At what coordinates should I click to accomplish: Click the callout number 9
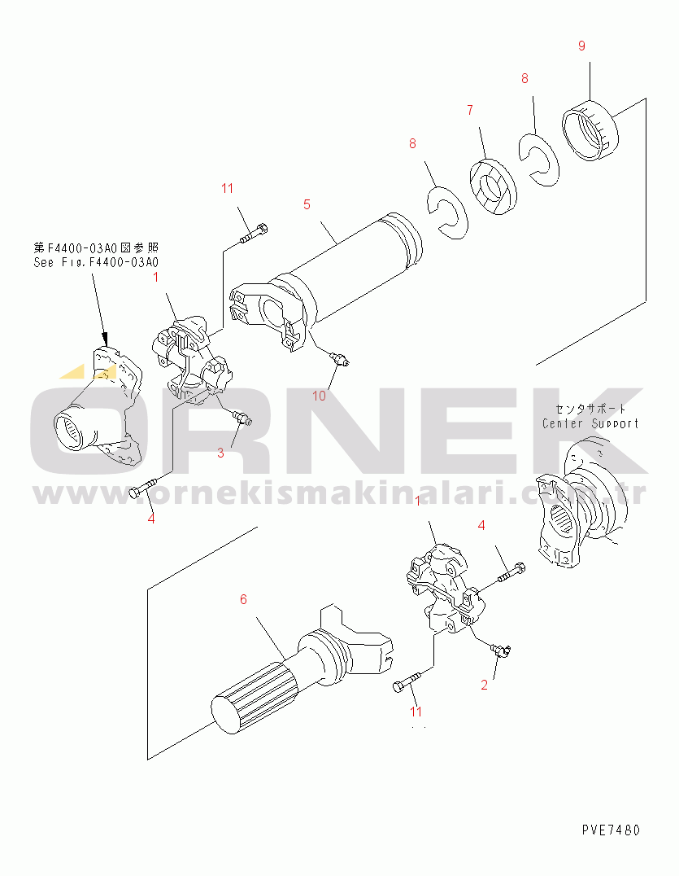pyautogui.click(x=581, y=46)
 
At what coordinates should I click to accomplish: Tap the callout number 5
pyautogui.click(x=307, y=204)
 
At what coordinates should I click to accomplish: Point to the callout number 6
pyautogui.click(x=242, y=600)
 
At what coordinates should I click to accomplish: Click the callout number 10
pyautogui.click(x=319, y=396)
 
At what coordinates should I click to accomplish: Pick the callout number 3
pyautogui.click(x=220, y=453)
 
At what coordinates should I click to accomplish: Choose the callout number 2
pyautogui.click(x=484, y=685)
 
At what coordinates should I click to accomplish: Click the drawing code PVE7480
pyautogui.click(x=611, y=830)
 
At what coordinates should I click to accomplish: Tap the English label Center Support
pyautogui.click(x=590, y=423)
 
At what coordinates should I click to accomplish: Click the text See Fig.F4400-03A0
pyautogui.click(x=96, y=262)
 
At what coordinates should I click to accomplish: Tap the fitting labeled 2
pyautogui.click(x=500, y=648)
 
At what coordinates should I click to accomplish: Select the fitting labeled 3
pyautogui.click(x=242, y=418)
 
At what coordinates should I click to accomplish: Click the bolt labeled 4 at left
pyautogui.click(x=143, y=490)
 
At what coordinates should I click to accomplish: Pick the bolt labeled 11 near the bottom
pyautogui.click(x=406, y=685)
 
